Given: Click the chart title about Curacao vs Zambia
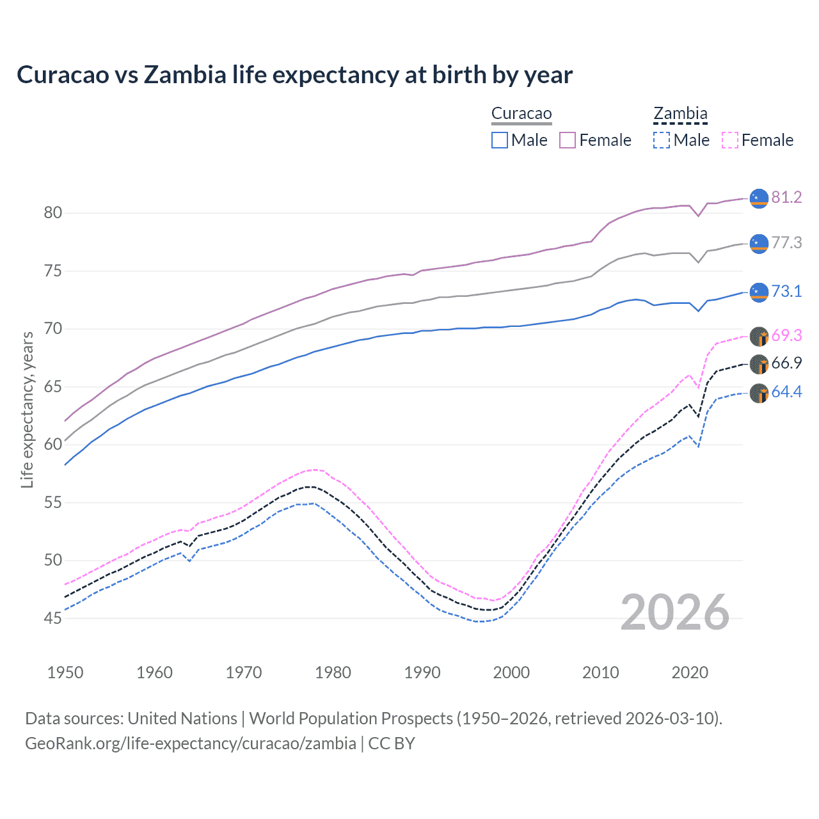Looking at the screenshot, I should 294,75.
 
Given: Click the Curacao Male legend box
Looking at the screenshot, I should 500,140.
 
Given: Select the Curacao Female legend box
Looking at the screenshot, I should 568,140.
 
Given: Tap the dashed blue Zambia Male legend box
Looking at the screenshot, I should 662,140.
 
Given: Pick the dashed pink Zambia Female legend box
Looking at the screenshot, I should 730,140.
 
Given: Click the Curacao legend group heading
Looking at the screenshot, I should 521,114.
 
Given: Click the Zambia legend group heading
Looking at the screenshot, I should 680,114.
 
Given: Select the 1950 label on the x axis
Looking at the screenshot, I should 65,672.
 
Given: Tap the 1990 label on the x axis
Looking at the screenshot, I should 422,672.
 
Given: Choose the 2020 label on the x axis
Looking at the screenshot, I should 690,672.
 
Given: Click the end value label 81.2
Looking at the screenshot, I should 786,197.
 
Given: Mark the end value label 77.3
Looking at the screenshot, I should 786,243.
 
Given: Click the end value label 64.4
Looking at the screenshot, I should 786,392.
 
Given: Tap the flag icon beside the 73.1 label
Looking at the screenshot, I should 759,292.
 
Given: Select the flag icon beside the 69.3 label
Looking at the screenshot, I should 759,336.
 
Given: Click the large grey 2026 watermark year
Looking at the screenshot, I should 675,612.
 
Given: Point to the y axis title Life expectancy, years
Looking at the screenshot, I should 28,409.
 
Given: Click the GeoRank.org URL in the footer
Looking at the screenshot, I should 191,743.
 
